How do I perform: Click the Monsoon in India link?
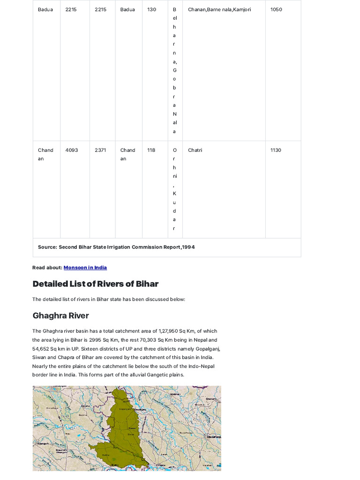[x=85, y=268]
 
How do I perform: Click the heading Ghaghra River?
[x=60, y=315]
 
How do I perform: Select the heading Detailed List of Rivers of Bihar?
[x=95, y=284]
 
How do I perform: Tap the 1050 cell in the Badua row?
[x=276, y=9]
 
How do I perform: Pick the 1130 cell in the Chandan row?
[x=276, y=150]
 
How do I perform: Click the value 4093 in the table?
[x=72, y=150]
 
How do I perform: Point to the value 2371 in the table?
[x=100, y=150]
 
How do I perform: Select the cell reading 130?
[x=151, y=9]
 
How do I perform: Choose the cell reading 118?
[x=151, y=150]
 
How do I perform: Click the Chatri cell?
[x=195, y=150]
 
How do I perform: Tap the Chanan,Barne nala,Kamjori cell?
[x=219, y=9]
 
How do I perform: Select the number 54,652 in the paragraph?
[x=41, y=348]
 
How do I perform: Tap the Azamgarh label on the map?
[x=43, y=443]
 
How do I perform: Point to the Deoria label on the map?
[x=85, y=406]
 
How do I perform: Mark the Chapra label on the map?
[x=160, y=465]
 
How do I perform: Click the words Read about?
[x=47, y=268]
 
